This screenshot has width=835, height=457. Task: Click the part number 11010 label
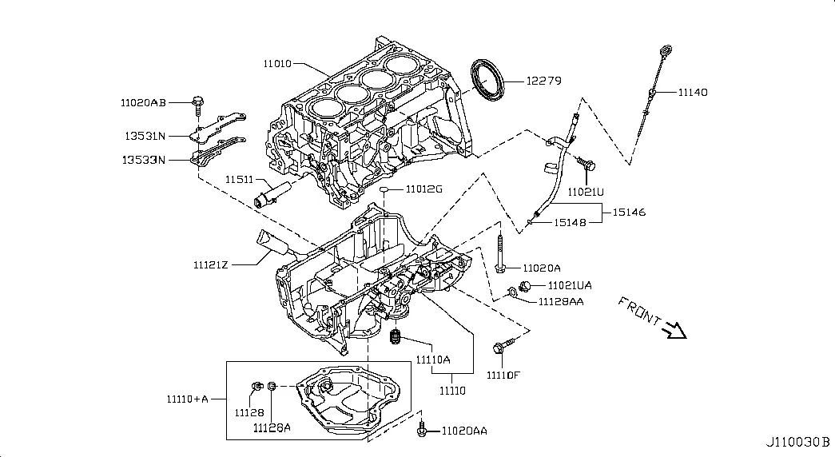[x=277, y=63]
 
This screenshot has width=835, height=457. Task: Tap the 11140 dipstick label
[x=693, y=93]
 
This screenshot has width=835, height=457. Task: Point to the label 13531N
[x=143, y=135]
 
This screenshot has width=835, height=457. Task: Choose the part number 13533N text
[x=143, y=160]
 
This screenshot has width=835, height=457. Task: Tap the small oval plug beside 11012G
[x=385, y=190]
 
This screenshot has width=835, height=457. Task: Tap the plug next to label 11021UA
[x=525, y=286]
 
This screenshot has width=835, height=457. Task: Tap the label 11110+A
[x=188, y=399]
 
